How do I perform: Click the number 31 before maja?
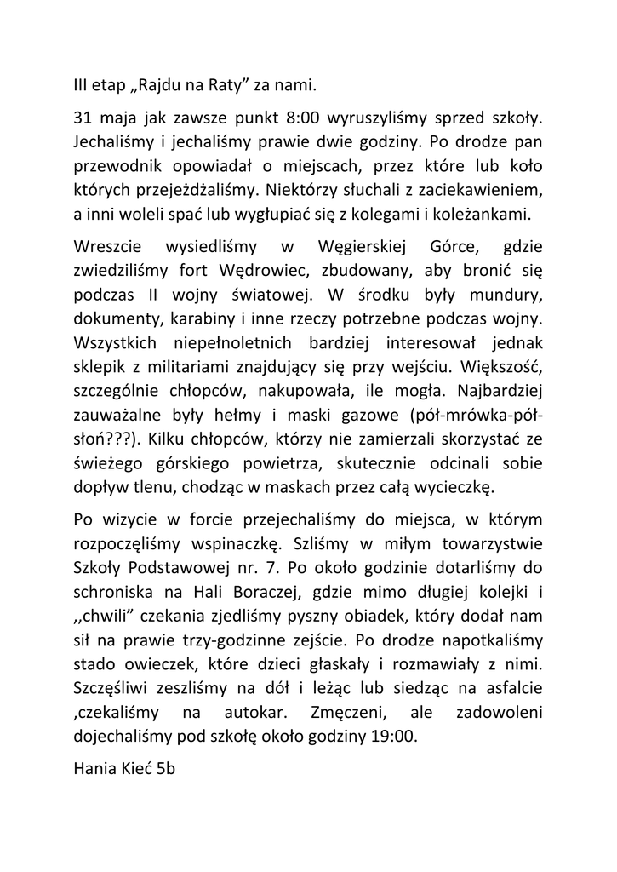(83, 112)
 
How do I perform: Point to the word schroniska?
(112, 593)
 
